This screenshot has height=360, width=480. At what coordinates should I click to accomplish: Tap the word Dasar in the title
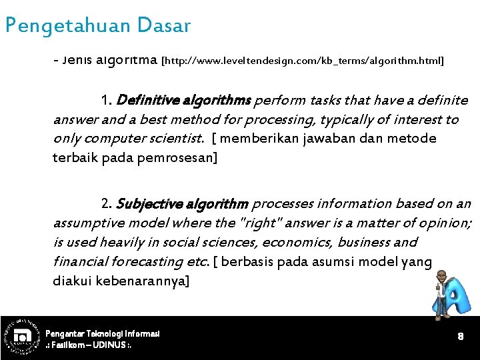coord(163,26)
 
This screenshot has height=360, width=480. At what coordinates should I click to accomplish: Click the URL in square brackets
coord(303,61)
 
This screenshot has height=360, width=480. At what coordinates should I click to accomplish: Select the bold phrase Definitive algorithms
coord(183,101)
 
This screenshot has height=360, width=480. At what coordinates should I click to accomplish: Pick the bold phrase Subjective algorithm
coord(182,203)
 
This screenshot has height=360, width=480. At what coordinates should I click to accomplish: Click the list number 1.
coord(105,101)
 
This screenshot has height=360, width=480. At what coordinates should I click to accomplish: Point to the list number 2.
coord(106,203)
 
